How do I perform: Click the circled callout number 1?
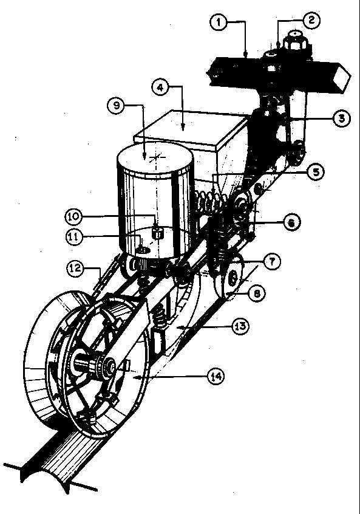[x=219, y=22]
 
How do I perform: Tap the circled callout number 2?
[x=311, y=20]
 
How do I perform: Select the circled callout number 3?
[x=341, y=118]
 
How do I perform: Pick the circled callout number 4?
[x=160, y=87]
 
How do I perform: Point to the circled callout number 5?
[x=316, y=172]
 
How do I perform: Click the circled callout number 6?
[x=291, y=222]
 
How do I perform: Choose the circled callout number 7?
[x=272, y=262]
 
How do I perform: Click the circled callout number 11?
[x=74, y=237]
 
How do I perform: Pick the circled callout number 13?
[x=241, y=326]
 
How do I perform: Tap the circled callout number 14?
[x=216, y=377]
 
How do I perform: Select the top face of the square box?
[x=191, y=129]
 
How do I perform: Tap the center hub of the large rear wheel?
[x=108, y=366]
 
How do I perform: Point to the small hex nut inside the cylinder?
[x=158, y=233]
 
